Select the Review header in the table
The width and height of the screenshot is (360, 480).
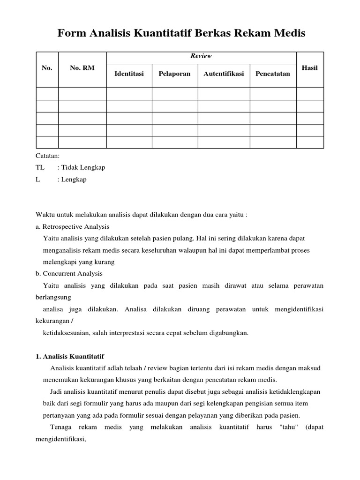pyautogui.click(x=201, y=56)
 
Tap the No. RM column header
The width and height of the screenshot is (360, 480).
pyautogui.click(x=82, y=68)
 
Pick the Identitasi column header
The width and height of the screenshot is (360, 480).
pyautogui.click(x=129, y=74)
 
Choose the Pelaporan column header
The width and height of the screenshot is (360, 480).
pyautogui.click(x=174, y=74)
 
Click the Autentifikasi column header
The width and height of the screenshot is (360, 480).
pyautogui.click(x=224, y=74)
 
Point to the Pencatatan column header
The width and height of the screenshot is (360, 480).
pyautogui.click(x=273, y=74)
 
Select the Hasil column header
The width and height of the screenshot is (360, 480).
pyautogui.click(x=310, y=68)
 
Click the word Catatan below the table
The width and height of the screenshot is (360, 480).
pyautogui.click(x=47, y=156)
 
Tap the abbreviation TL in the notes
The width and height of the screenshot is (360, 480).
pyautogui.click(x=40, y=167)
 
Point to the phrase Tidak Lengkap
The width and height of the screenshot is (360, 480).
pyautogui.click(x=82, y=167)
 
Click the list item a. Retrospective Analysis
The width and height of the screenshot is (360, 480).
pyautogui.click(x=72, y=226)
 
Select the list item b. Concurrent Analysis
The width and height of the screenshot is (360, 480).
pyautogui.click(x=69, y=273)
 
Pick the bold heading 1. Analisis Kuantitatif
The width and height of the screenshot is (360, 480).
pyautogui.click(x=73, y=357)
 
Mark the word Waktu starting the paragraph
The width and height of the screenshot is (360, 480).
pyautogui.click(x=45, y=215)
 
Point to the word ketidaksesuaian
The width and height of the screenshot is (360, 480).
pyautogui.click(x=64, y=333)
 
